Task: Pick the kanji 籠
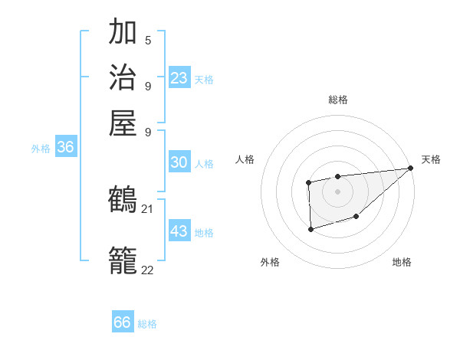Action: coord(123,260)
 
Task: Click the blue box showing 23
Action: coord(179,78)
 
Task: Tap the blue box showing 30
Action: coord(179,162)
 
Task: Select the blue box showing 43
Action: coord(179,231)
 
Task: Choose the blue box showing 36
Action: coord(65,148)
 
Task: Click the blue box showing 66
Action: coord(123,322)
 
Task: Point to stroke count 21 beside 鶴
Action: coord(147,209)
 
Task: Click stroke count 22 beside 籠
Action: coord(147,270)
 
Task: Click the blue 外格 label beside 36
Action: coord(41,149)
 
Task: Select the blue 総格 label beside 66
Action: coord(147,324)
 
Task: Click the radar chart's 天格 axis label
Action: coord(431,159)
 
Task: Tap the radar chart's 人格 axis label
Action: coord(245,159)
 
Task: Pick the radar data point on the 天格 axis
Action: coord(409,169)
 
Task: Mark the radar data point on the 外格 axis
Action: coord(310,229)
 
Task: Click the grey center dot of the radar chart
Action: coord(337,191)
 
